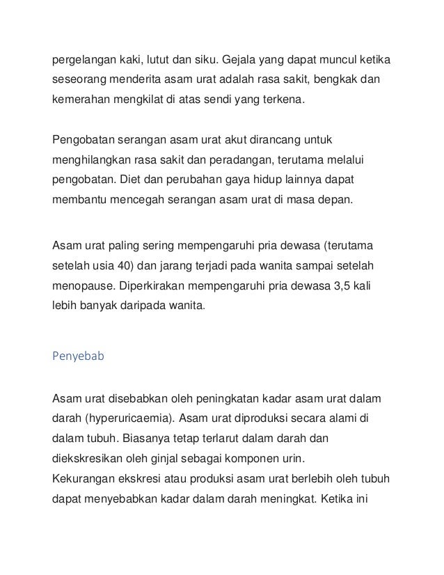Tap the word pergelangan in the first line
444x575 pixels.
click(81, 57)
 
